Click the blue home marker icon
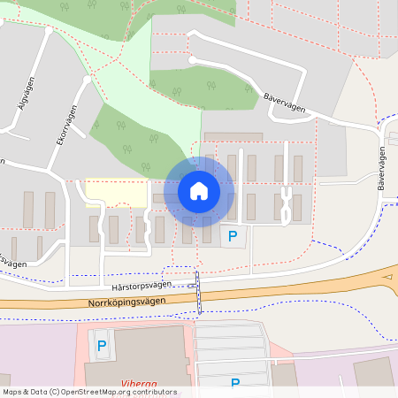[198, 190]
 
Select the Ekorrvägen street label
[63, 128]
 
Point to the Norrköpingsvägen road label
[127, 302]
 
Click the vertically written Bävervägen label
[382, 169]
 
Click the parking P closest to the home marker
[233, 236]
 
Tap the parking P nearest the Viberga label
[101, 346]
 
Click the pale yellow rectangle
[116, 192]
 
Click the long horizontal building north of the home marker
[233, 137]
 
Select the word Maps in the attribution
[13, 392]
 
